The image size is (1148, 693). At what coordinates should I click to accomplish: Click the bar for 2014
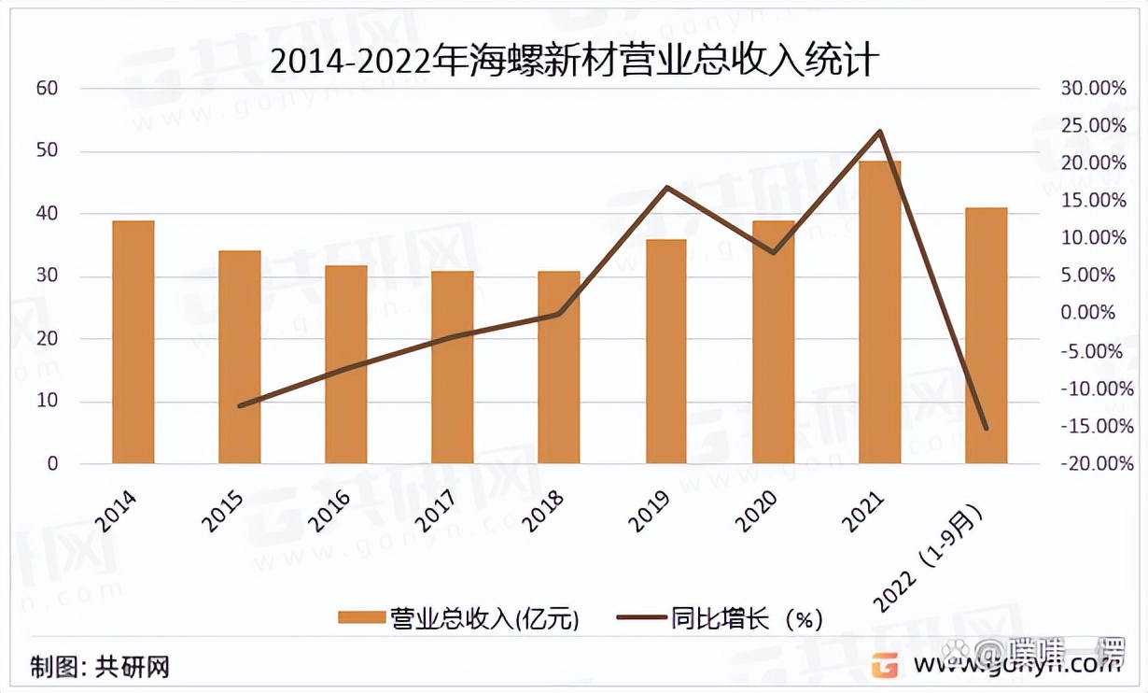(133, 342)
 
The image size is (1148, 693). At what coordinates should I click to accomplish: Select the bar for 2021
(880, 312)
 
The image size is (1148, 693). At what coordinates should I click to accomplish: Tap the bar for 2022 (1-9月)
(986, 335)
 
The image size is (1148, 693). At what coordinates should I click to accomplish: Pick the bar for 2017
(453, 367)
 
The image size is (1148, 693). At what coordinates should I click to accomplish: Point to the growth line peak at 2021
(879, 132)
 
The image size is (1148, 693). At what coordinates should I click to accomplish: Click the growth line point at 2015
(240, 406)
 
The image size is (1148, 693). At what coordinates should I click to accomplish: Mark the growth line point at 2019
(666, 188)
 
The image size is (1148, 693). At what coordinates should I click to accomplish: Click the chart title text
(573, 62)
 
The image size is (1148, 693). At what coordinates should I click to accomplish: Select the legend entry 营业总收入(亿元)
(458, 618)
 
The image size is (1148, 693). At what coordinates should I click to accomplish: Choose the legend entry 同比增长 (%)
(720, 618)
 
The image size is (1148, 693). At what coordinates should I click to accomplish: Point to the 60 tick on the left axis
(47, 89)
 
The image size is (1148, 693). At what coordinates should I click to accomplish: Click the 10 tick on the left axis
(47, 402)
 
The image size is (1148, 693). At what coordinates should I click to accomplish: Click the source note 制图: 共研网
(100, 668)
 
